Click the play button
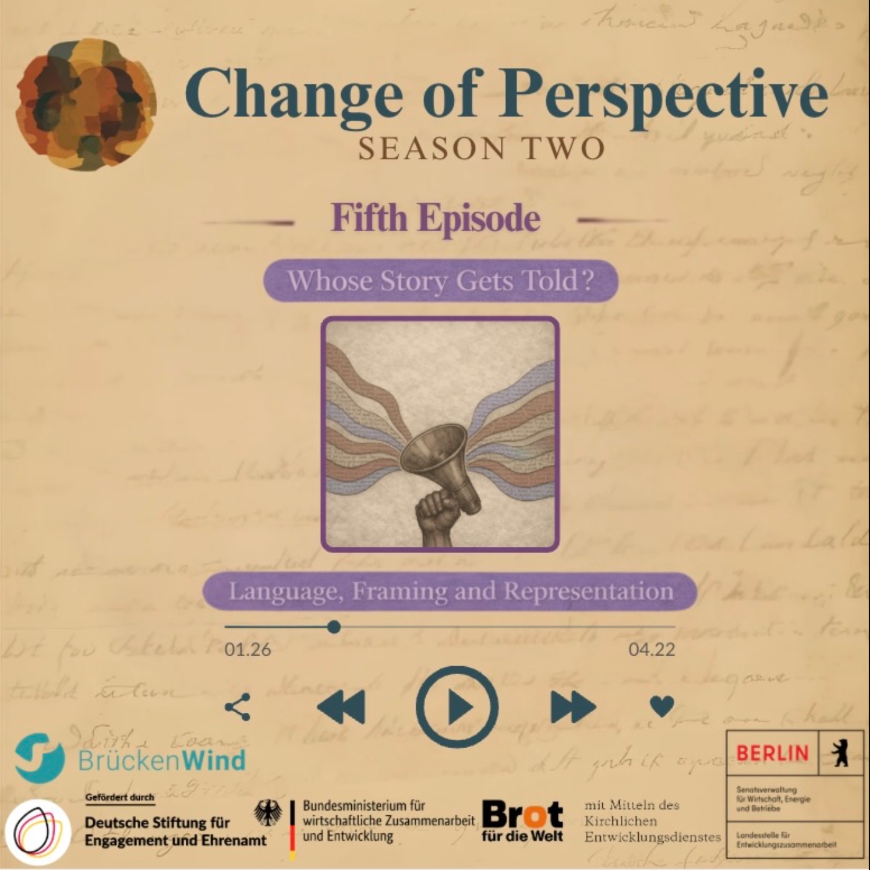[x=457, y=707]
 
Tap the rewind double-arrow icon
[x=341, y=707]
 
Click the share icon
[x=237, y=707]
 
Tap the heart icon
[x=661, y=706]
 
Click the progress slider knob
[x=334, y=626]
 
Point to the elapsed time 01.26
[x=248, y=650]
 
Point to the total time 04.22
[x=651, y=650]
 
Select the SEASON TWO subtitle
[x=482, y=149]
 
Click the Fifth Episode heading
[x=435, y=218]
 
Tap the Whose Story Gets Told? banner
[x=440, y=280]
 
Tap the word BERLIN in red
[x=772, y=753]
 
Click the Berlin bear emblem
[x=841, y=753]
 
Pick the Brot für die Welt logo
[x=522, y=820]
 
